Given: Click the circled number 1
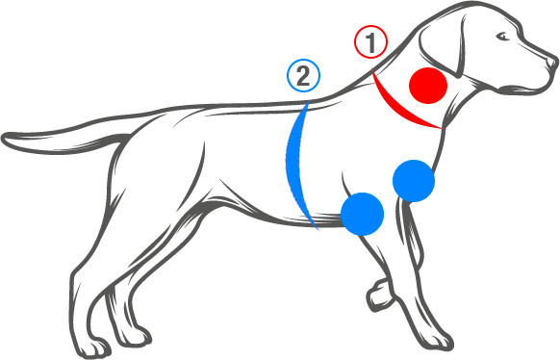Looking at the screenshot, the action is click(x=371, y=42).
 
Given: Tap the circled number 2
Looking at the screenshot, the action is click(x=304, y=76).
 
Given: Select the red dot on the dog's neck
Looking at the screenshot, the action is click(x=427, y=86).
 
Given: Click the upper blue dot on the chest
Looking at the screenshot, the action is click(x=415, y=180).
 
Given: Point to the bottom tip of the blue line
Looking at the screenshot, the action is click(x=317, y=229).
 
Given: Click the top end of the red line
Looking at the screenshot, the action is click(x=376, y=76).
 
